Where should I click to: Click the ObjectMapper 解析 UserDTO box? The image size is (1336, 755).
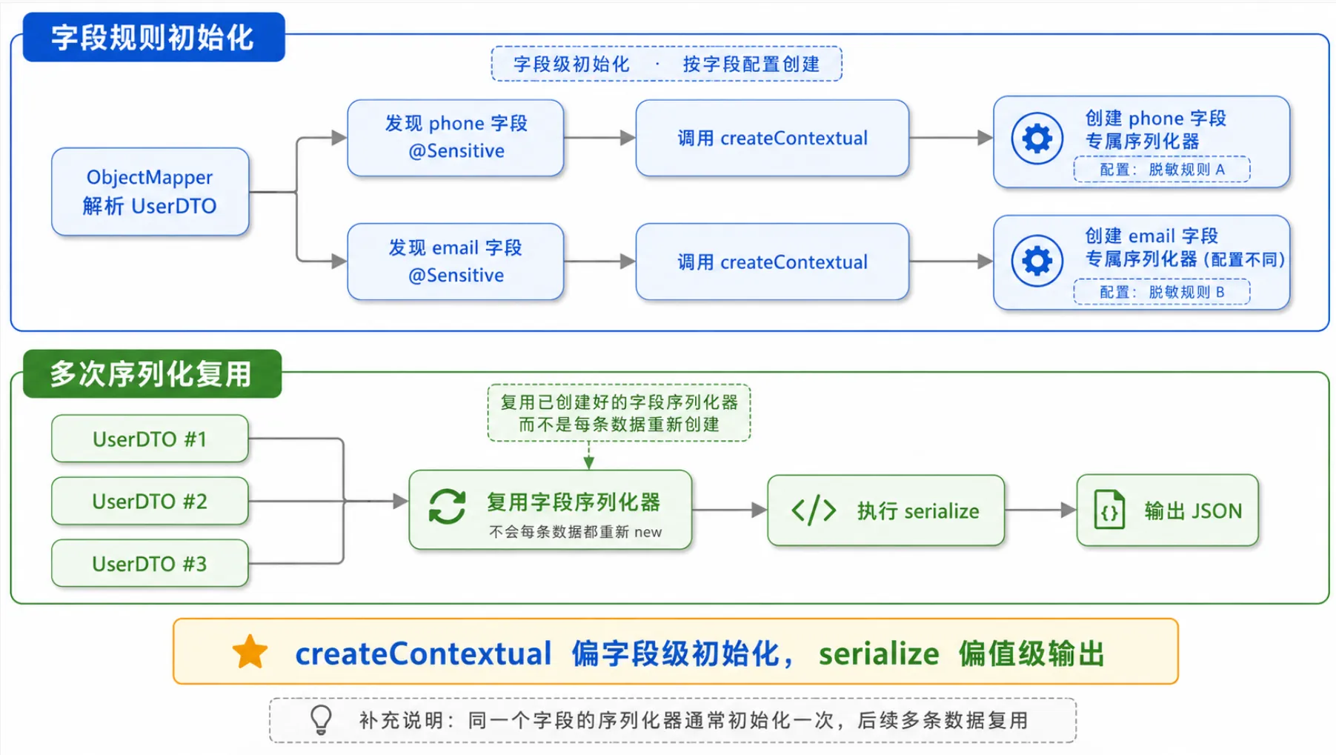click(x=150, y=192)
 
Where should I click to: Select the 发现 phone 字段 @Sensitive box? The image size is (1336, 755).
click(x=456, y=138)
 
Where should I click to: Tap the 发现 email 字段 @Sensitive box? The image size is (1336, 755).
click(x=456, y=262)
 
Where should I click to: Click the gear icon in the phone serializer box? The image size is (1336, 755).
click(x=1037, y=139)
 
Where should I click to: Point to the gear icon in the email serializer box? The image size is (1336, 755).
click(x=1037, y=261)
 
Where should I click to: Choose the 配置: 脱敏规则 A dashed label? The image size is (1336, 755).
click(x=1162, y=170)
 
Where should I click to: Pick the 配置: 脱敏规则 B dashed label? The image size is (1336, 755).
click(x=1162, y=292)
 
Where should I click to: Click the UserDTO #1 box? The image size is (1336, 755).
click(x=150, y=439)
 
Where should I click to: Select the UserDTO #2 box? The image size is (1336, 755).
click(x=150, y=501)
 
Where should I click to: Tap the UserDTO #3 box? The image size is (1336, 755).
click(x=150, y=563)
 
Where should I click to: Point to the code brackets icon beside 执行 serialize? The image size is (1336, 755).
click(x=814, y=510)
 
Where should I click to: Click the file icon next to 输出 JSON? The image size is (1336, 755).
click(x=1109, y=510)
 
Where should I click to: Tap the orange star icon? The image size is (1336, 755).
click(x=250, y=652)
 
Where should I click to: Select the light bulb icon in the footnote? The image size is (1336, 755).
click(x=321, y=719)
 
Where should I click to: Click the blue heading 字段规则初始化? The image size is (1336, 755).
click(x=153, y=37)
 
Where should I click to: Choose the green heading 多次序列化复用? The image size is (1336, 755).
click(x=152, y=373)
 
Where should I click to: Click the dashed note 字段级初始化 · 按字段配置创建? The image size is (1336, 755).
click(x=666, y=64)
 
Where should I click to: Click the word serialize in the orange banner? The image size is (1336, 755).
click(x=879, y=653)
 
